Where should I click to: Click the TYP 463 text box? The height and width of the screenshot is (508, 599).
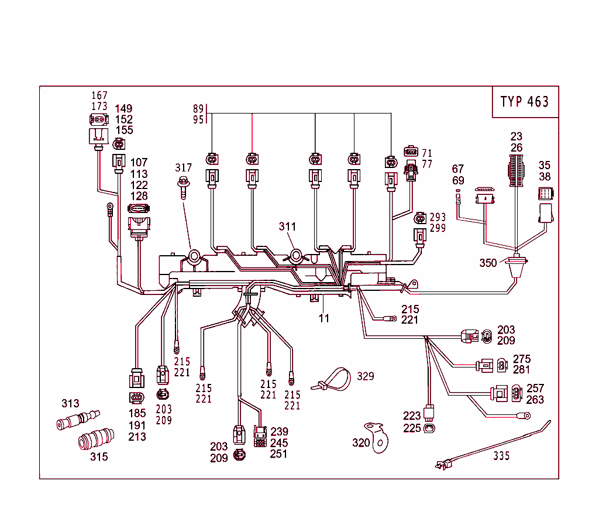(x=525, y=102)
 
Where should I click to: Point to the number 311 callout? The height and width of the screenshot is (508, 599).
(x=287, y=226)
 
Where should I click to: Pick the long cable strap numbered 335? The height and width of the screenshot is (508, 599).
(x=497, y=443)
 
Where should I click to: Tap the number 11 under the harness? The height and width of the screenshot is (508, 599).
(x=324, y=318)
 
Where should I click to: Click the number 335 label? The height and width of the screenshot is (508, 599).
(x=501, y=455)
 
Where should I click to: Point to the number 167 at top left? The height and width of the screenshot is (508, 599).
(x=99, y=95)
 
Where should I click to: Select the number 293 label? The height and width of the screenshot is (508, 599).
(x=438, y=218)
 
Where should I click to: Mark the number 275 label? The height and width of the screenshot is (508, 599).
(x=521, y=359)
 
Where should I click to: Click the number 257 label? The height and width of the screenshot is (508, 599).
(x=535, y=388)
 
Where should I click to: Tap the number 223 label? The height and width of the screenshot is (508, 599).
(x=412, y=416)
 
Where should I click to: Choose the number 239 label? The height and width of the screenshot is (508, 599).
(x=279, y=432)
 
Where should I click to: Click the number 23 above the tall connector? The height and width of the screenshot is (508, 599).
(x=517, y=136)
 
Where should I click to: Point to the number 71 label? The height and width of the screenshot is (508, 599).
(x=427, y=153)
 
